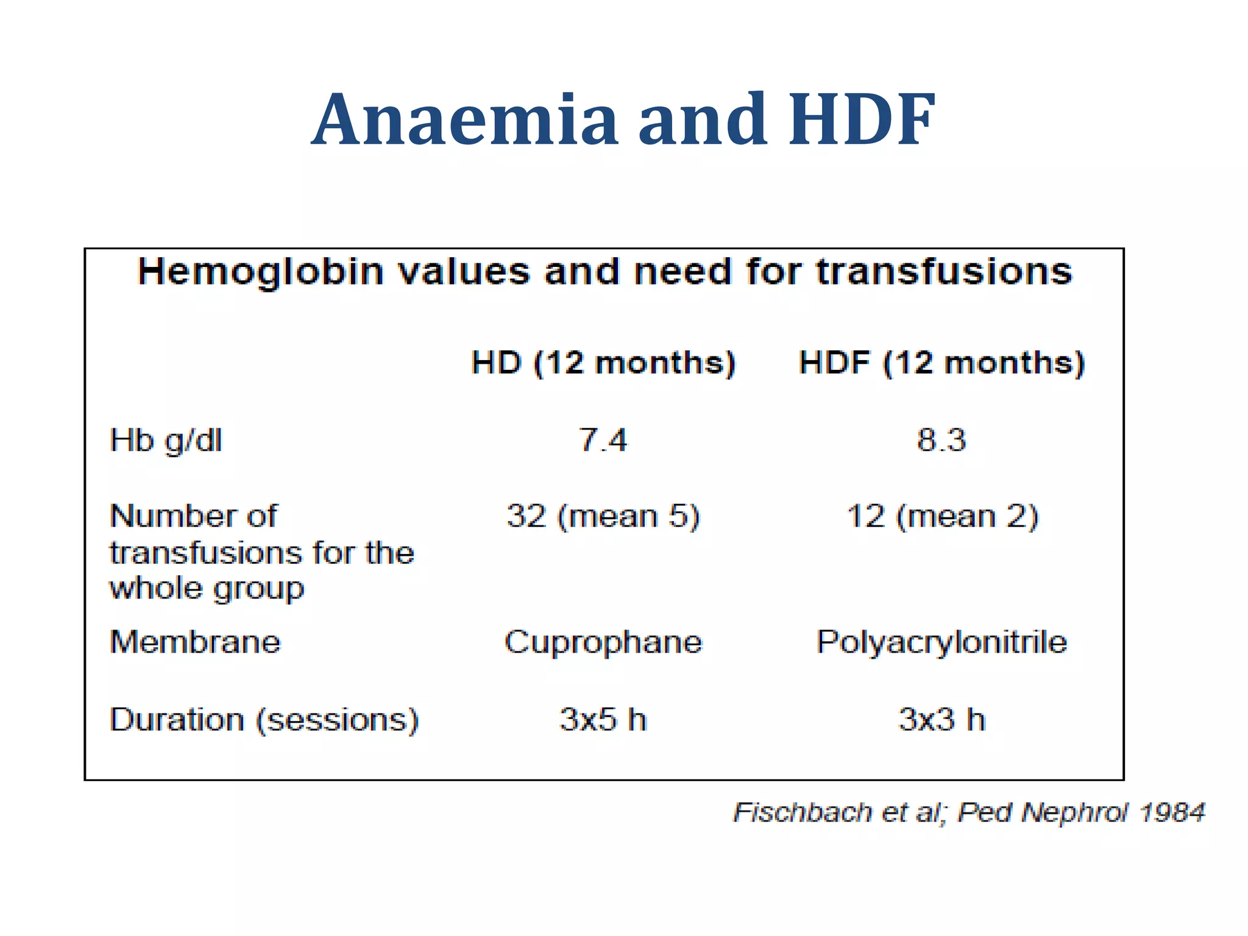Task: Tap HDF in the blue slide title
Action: pyautogui.click(x=862, y=119)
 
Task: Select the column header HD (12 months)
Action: pyautogui.click(x=603, y=363)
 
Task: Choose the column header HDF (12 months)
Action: pyautogui.click(x=941, y=363)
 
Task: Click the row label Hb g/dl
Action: pyautogui.click(x=166, y=441)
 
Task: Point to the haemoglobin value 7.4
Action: pyautogui.click(x=603, y=440)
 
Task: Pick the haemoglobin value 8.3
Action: pyautogui.click(x=941, y=440)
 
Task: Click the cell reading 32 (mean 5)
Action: pyautogui.click(x=603, y=517)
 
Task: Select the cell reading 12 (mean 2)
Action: pyautogui.click(x=942, y=517)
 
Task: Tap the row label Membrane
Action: pyautogui.click(x=195, y=642)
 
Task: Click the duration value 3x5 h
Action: pyautogui.click(x=603, y=720)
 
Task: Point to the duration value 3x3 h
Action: pyautogui.click(x=942, y=720)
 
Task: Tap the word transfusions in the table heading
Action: pyautogui.click(x=944, y=272)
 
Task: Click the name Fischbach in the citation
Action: pyautogui.click(x=803, y=813)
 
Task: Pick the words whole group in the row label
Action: pyautogui.click(x=207, y=589)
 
